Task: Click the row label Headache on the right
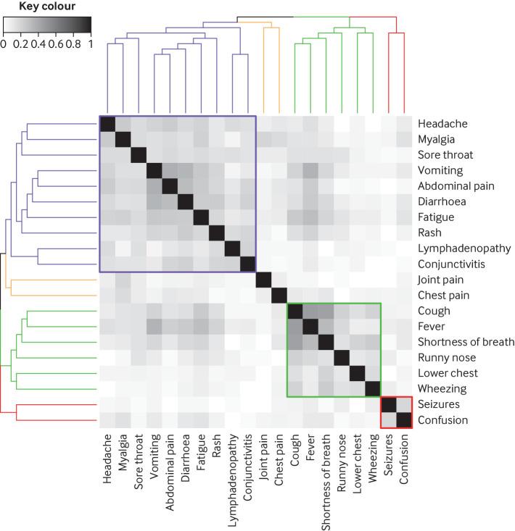(x=442, y=123)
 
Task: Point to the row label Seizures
(x=439, y=404)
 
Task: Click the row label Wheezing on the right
(x=442, y=389)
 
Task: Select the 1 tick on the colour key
(x=90, y=43)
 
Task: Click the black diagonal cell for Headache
(x=107, y=124)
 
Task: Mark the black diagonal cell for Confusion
(x=403, y=420)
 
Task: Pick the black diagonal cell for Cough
(x=294, y=311)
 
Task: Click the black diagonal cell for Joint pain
(x=263, y=280)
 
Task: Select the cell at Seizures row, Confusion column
(x=403, y=404)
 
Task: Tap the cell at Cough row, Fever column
(x=310, y=311)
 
